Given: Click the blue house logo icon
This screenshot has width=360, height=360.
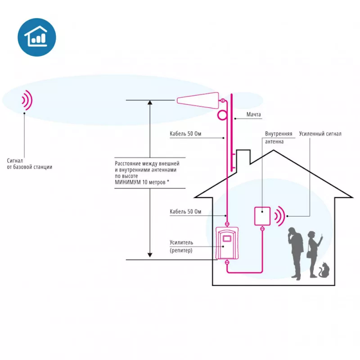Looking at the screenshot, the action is tap(37, 37).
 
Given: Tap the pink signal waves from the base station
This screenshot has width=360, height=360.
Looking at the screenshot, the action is tap(27, 100).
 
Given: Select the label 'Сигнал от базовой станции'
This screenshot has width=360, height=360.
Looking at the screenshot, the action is tap(29, 164).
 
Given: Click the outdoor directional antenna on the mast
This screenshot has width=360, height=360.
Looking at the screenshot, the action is tap(198, 100).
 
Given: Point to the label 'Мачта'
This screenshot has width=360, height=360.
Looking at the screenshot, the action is tap(253, 114).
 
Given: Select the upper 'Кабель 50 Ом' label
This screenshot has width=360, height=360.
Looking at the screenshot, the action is tap(185, 134).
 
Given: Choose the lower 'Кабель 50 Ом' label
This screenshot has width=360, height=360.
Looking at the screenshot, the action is tap(185, 211).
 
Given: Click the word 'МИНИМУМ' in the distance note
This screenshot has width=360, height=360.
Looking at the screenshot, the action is tap(128, 182).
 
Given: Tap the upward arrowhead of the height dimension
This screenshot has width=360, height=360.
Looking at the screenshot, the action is tap(150, 103).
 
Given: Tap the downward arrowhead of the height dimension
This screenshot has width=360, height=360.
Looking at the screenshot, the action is tap(150, 255).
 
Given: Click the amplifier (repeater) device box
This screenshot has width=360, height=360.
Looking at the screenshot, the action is tap(227, 243).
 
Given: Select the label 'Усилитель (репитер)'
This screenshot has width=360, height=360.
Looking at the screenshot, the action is tap(181, 246).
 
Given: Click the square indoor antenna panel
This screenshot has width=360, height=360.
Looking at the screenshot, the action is tap(262, 216).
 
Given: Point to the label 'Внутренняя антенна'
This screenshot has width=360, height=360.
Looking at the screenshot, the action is tap(279, 138).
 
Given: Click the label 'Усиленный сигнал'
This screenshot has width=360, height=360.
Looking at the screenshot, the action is tap(320, 134).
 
